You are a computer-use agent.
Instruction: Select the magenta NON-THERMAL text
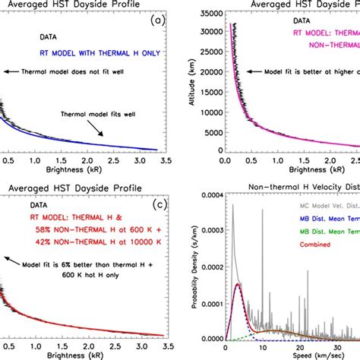click(x=304, y=45)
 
